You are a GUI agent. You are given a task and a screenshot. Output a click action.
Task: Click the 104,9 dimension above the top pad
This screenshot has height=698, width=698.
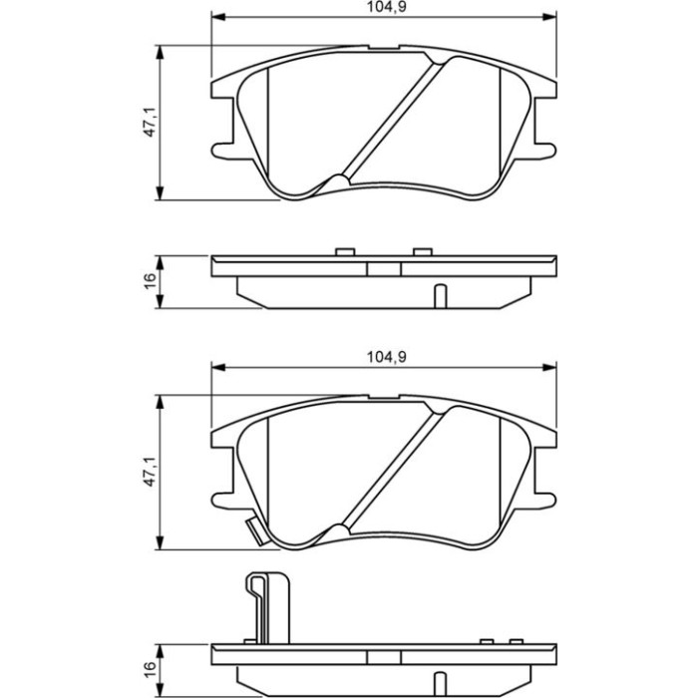(386, 7)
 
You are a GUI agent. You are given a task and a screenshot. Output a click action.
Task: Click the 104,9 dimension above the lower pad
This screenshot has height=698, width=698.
(386, 357)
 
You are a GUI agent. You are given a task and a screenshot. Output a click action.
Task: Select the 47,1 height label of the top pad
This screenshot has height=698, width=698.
(150, 122)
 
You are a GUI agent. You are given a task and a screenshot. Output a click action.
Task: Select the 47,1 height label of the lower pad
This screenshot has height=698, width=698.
(150, 472)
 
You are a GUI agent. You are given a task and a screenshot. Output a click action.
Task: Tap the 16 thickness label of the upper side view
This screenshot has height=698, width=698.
(150, 281)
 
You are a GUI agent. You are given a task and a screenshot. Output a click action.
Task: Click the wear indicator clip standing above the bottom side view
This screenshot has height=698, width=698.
(268, 607)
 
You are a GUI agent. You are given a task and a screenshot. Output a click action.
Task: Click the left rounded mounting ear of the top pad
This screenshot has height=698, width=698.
(222, 151)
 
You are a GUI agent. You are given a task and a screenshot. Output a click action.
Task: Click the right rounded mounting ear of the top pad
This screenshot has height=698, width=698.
(545, 151)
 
